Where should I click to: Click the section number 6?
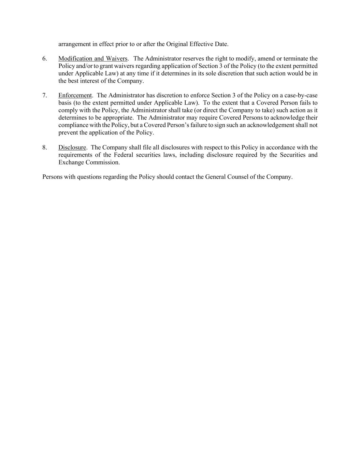coord(44,59)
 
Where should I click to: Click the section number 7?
coord(44,96)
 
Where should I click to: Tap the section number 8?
coord(44,147)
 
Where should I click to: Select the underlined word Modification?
coord(75,59)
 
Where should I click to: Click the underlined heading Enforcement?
coord(75,96)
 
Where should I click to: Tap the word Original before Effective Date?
coord(177,44)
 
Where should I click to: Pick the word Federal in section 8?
coord(126,155)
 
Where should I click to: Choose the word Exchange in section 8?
coord(71,163)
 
